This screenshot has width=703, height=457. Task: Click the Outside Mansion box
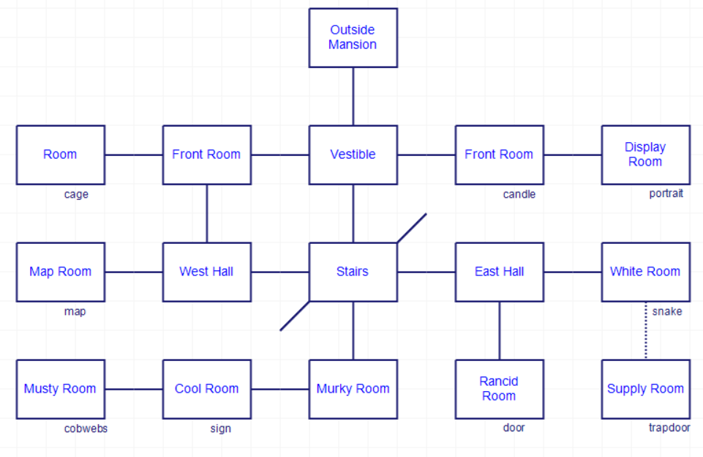pos(353,37)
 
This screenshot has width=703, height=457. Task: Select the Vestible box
pos(353,155)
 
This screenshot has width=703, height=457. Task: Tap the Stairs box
pos(353,272)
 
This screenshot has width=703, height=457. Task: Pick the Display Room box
pos(645,155)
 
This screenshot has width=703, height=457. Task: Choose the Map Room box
pos(61,272)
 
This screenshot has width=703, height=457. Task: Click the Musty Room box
pos(61,389)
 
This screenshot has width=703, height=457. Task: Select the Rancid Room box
pos(499,389)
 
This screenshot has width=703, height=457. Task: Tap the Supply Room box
pos(645,389)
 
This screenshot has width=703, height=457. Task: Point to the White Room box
pos(645,272)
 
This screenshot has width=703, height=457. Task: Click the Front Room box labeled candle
pos(499,155)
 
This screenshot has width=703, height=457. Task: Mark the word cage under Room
pos(76,194)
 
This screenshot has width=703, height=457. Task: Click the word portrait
pos(666,194)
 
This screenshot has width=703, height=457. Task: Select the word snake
pos(666,311)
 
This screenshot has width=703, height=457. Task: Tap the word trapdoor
pos(669,428)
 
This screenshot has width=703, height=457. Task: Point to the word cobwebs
pos(86,428)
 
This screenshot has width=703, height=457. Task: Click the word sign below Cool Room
pos(220,428)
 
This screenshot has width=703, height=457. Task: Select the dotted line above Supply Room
pos(646,330)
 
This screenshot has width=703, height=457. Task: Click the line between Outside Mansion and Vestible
pos(353,96)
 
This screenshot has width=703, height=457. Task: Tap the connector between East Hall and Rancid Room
pos(500,330)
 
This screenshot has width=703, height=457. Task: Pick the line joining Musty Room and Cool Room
pos(134,389)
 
